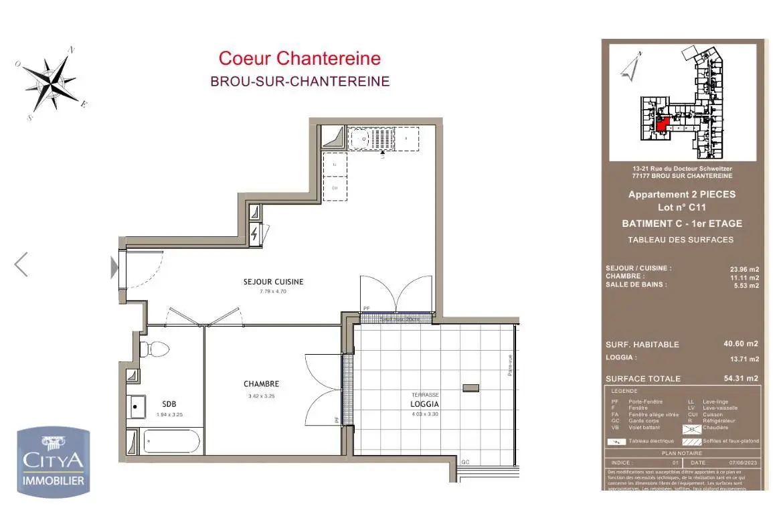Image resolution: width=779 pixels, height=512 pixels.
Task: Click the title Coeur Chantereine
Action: (x=300, y=59)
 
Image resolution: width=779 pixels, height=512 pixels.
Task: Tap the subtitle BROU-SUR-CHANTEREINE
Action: (x=300, y=82)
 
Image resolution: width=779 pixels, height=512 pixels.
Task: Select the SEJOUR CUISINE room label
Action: (x=273, y=282)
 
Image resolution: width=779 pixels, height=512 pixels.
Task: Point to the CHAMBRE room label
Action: (x=261, y=384)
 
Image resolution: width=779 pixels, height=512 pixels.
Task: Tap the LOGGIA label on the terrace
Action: (x=425, y=405)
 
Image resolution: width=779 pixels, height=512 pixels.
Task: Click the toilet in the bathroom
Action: (x=155, y=349)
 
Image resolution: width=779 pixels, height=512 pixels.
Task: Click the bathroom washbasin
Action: (x=138, y=406)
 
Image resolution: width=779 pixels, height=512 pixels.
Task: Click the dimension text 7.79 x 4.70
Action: (x=272, y=292)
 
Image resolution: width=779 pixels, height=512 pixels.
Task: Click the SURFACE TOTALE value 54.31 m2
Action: (x=742, y=379)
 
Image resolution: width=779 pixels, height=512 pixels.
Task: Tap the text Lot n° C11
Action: (x=681, y=207)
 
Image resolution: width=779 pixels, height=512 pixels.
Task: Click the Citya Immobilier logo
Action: (x=54, y=462)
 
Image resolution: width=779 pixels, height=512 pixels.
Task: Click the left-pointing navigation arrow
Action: (x=21, y=264)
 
